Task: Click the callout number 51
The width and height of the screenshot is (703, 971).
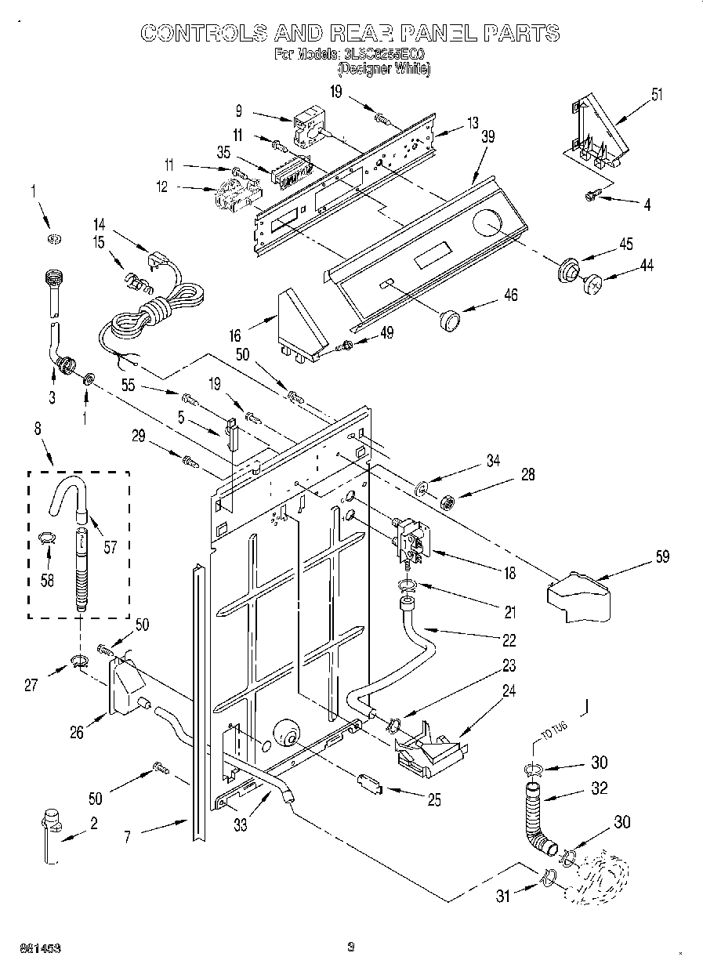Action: [657, 96]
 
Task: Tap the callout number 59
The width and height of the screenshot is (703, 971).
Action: [663, 558]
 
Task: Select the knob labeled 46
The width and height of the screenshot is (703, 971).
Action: [449, 318]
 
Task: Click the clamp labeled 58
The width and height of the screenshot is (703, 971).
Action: [46, 538]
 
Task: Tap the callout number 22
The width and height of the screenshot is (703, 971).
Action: [509, 640]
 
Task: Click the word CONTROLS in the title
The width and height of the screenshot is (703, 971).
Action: [201, 33]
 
